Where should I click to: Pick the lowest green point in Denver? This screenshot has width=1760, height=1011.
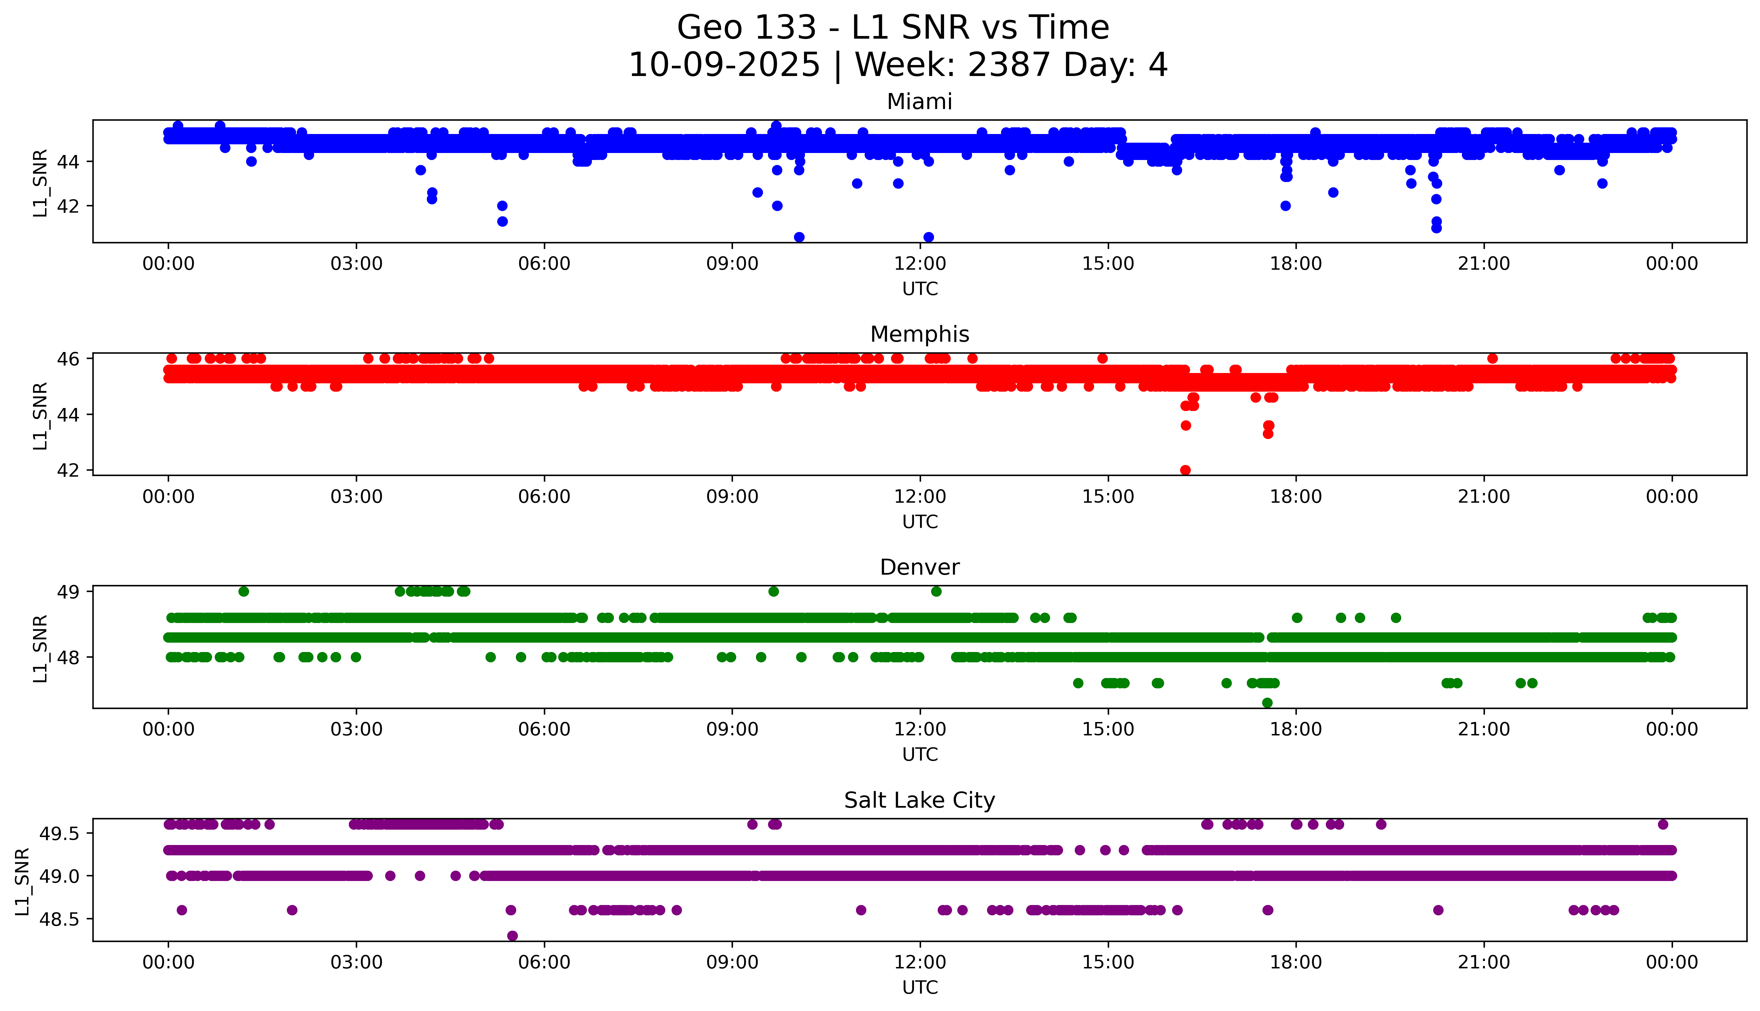click(x=1267, y=703)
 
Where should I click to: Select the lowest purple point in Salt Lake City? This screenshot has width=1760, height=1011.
click(x=513, y=935)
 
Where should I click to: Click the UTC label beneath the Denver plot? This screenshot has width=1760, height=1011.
click(x=920, y=754)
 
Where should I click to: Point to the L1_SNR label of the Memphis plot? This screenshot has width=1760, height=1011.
click(x=40, y=415)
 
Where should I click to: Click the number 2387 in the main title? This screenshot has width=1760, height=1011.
click(x=1008, y=65)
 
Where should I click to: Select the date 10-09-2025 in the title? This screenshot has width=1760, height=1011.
click(x=724, y=65)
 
